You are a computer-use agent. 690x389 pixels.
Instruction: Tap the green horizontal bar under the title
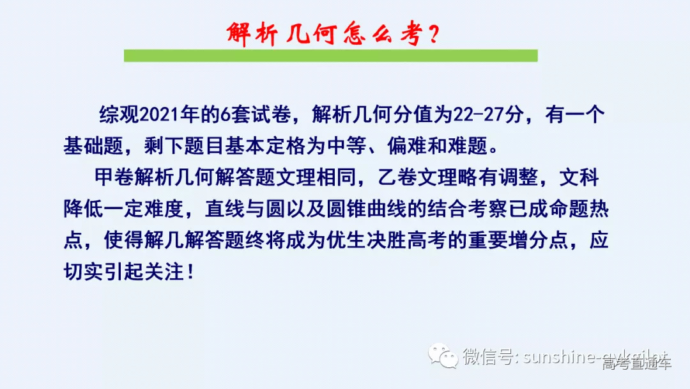(330, 56)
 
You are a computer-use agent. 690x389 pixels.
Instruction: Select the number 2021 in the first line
(158, 115)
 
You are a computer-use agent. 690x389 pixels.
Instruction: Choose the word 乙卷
(394, 177)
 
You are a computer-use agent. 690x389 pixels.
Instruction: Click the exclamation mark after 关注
(188, 271)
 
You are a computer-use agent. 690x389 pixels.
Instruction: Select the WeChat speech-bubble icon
(443, 356)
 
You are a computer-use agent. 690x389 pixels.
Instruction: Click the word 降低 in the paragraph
(82, 208)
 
